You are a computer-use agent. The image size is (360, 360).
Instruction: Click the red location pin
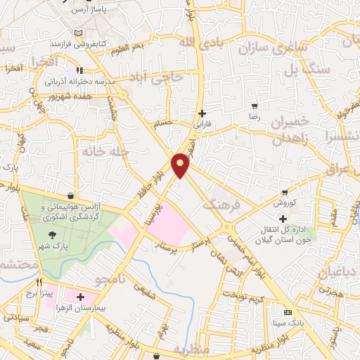pyautogui.click(x=181, y=165)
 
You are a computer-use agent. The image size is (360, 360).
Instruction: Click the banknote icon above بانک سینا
pyautogui.click(x=287, y=311)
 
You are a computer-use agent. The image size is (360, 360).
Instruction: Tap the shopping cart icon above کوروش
pyautogui.click(x=284, y=192)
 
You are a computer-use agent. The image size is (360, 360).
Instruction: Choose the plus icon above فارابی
pyautogui.click(x=202, y=113)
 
